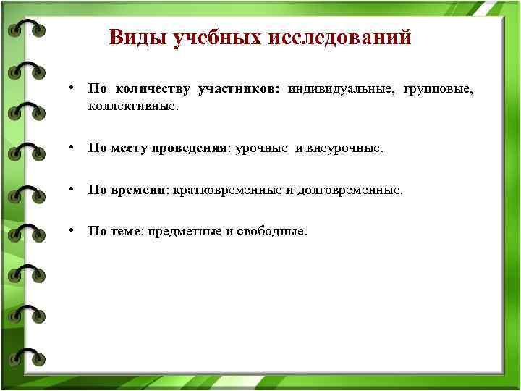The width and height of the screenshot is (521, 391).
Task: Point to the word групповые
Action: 435,90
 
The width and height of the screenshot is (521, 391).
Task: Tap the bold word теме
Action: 127,232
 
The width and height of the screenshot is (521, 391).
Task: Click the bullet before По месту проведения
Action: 73,147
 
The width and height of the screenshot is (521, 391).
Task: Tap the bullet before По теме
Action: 73,230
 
